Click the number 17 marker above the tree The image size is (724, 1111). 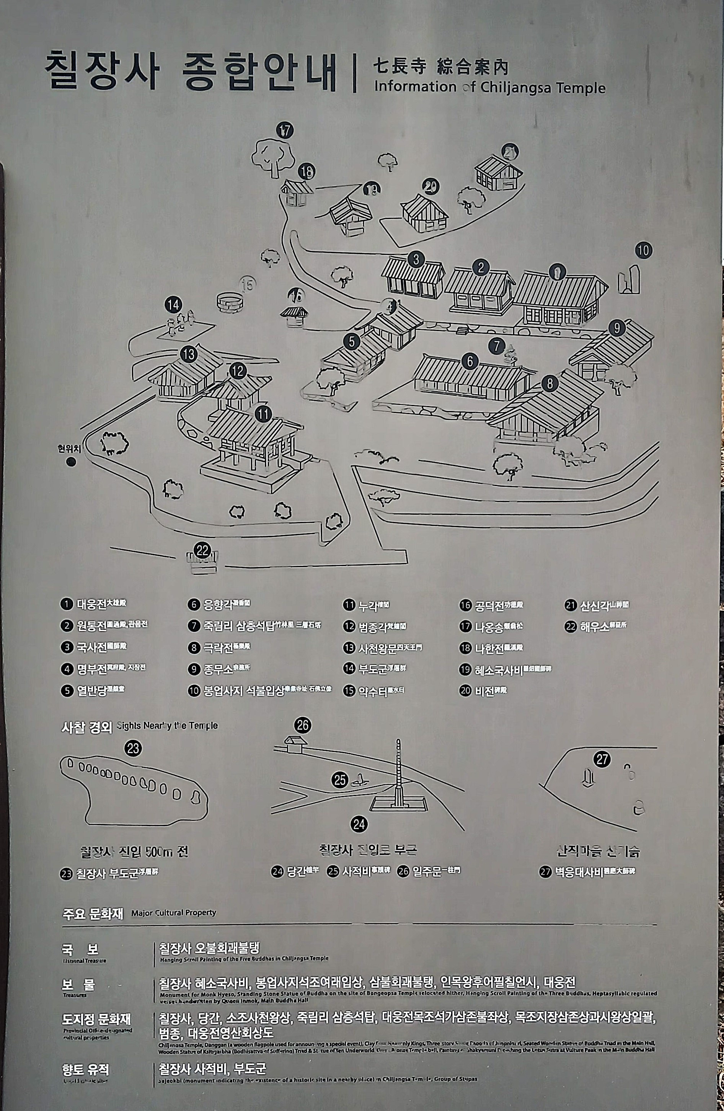[x=285, y=131]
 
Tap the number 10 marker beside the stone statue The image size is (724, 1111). [x=643, y=250]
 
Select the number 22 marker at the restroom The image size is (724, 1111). [x=202, y=550]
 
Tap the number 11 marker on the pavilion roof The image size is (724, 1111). [x=264, y=414]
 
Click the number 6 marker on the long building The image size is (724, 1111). [x=470, y=361]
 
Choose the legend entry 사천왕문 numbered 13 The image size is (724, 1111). [x=383, y=648]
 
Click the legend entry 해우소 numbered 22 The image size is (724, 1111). [x=596, y=626]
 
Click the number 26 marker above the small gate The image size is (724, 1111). [x=303, y=725]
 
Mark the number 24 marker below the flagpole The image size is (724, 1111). [x=359, y=824]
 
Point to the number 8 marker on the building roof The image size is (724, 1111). [x=550, y=384]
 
